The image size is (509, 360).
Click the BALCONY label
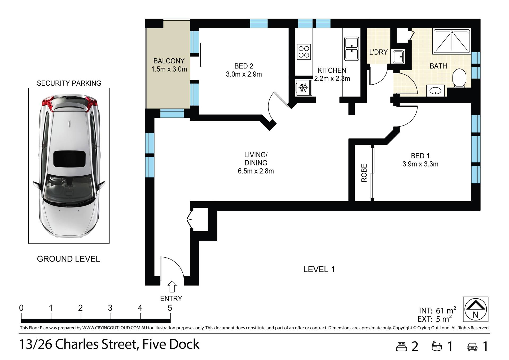169,61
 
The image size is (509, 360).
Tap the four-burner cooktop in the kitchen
304,52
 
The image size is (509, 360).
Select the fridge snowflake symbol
303,88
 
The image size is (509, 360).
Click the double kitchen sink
352,49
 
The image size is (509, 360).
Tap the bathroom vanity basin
435,91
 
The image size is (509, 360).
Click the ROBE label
364,173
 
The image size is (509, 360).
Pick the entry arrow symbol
172,287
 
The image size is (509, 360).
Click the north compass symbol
476,309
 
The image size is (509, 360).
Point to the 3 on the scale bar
110,308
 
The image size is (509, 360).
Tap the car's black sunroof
69,159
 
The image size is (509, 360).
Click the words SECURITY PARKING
69,83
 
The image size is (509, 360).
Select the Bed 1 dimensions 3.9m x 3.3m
420,164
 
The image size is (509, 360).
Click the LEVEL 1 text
319,270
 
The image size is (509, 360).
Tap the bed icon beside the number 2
401,346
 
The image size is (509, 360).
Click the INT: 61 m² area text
437,310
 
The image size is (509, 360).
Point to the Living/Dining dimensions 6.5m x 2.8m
256,171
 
